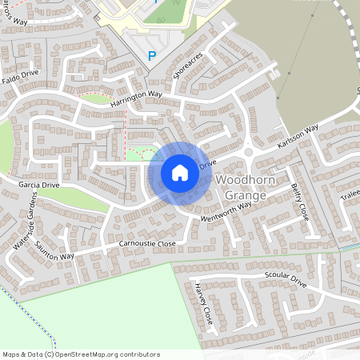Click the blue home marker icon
180,172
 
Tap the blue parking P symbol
151,56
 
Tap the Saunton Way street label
55,250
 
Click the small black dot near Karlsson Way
286,73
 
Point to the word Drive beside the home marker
207,164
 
